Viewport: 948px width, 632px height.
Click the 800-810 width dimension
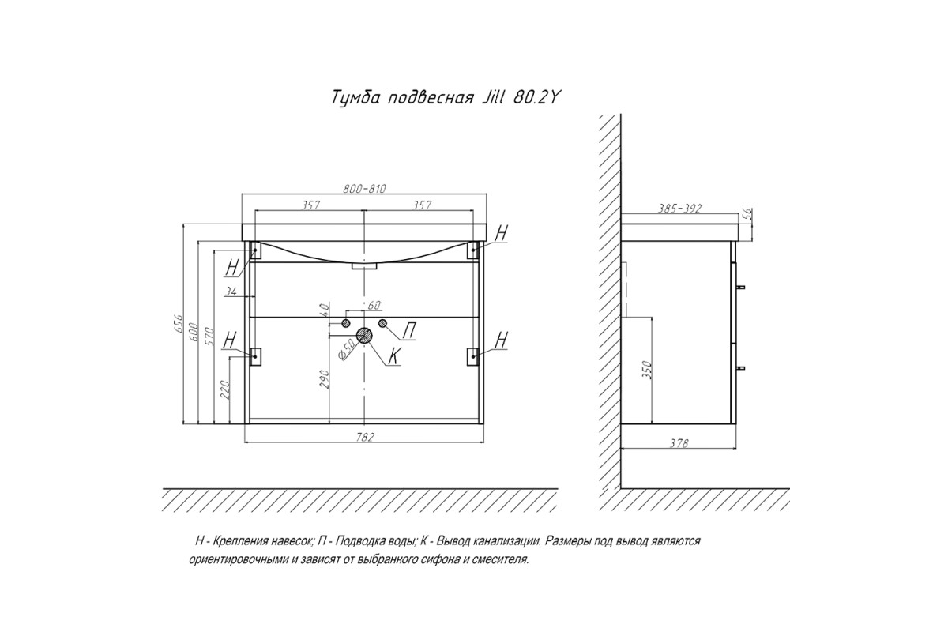[x=364, y=189]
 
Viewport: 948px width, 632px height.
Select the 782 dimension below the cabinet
[x=365, y=437]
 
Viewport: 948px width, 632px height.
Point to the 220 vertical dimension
[x=224, y=390]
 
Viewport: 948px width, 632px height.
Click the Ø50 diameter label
[x=347, y=350]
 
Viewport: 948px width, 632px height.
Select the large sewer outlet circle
[x=364, y=336]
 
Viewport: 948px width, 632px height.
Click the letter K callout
[x=393, y=355]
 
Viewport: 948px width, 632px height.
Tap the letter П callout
[x=409, y=330]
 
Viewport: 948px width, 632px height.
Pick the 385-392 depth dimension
[x=680, y=209]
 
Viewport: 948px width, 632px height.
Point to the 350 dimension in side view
[x=648, y=371]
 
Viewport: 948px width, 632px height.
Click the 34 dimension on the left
[x=231, y=291]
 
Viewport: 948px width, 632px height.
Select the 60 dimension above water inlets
[x=374, y=305]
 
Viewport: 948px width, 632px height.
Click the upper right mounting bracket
[x=472, y=250]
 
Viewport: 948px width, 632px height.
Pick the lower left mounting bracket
[x=255, y=356]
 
